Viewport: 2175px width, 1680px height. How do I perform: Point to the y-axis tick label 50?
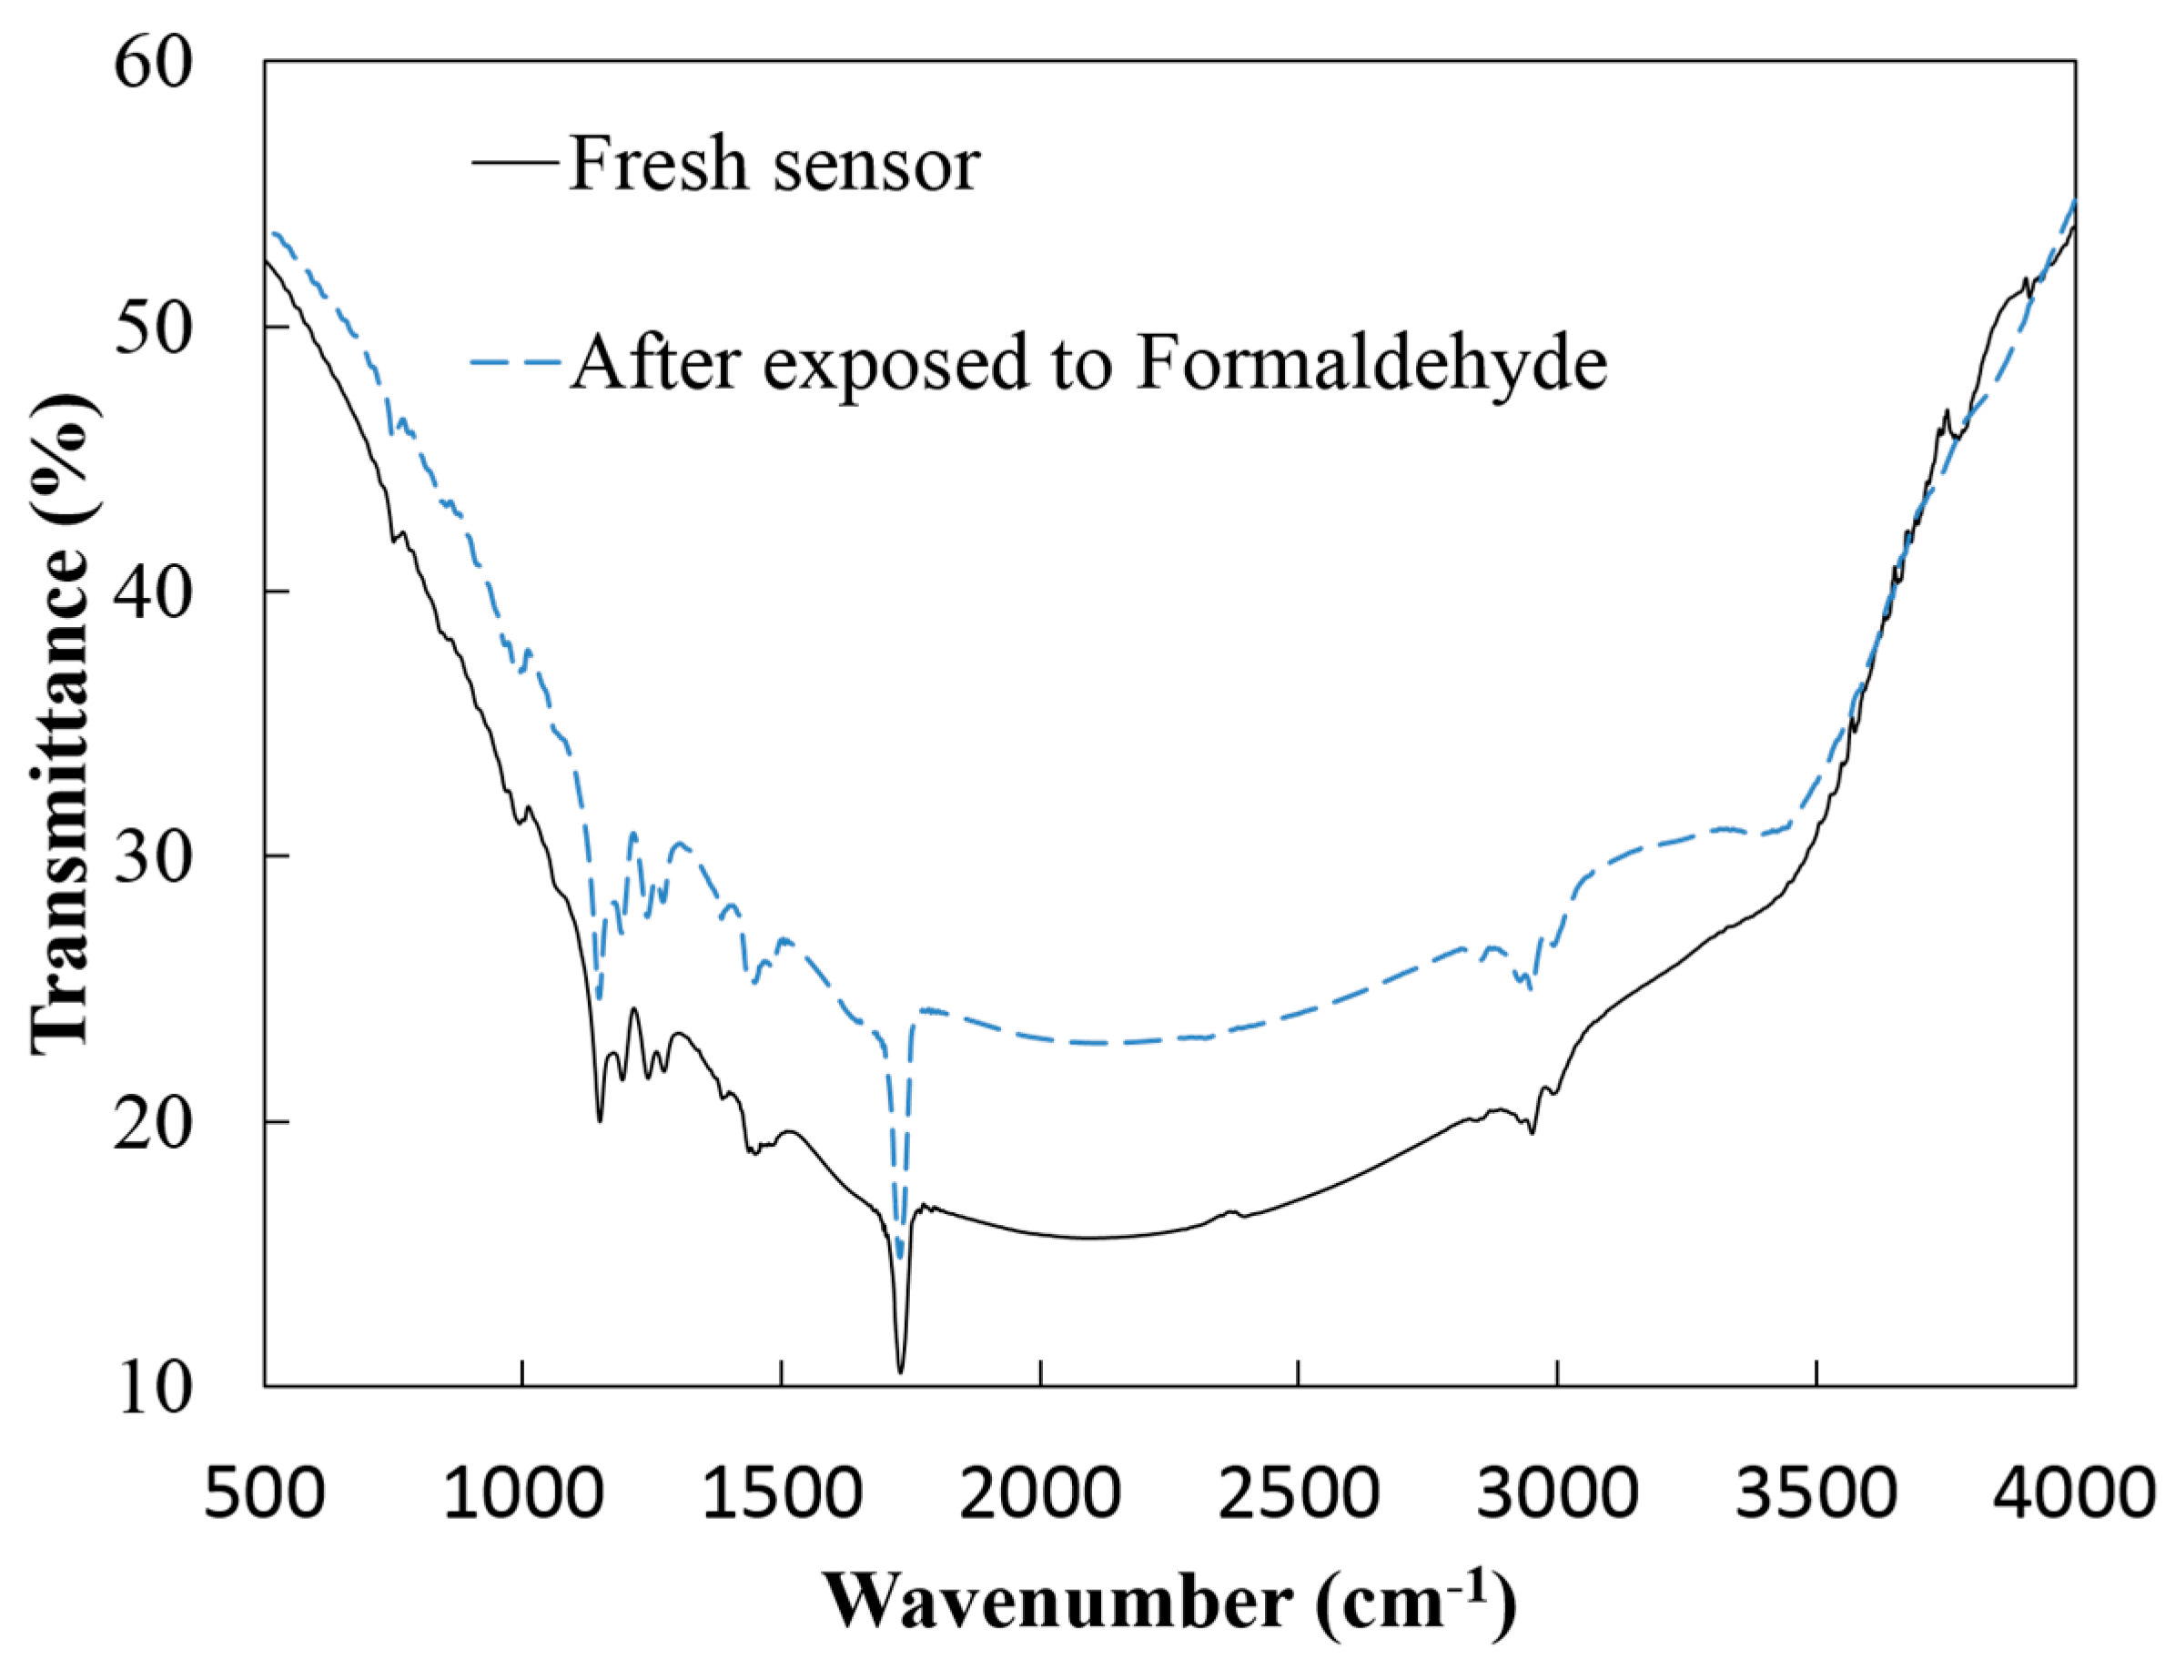151,329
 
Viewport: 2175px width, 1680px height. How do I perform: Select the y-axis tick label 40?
151,593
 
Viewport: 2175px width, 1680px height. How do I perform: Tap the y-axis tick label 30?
151,858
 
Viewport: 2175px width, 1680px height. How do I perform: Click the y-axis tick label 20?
151,1124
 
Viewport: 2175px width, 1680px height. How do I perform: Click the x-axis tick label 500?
264,1494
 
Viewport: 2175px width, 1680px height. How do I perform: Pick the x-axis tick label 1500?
781,1494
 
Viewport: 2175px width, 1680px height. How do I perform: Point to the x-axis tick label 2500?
1298,1494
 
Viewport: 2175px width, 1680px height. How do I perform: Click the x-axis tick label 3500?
1816,1494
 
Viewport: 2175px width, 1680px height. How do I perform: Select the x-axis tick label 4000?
2073,1494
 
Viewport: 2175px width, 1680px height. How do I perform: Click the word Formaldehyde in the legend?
1371,363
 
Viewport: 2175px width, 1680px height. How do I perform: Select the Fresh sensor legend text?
774,165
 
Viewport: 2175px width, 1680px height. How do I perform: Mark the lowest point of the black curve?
900,1372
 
